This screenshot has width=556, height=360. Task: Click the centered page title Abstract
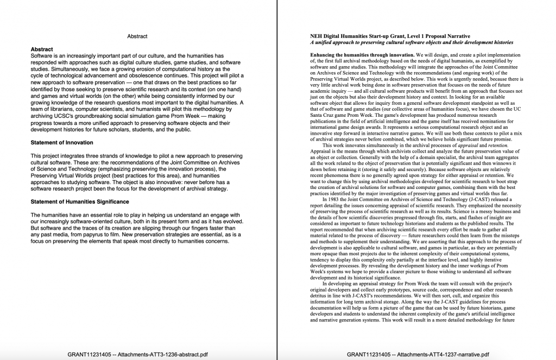point(137,36)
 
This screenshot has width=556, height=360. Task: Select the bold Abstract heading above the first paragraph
point(42,49)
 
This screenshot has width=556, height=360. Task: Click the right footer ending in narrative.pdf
point(416,354)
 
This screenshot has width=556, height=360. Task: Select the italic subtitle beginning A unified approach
point(411,42)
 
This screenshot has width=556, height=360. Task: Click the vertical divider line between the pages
point(277,179)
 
